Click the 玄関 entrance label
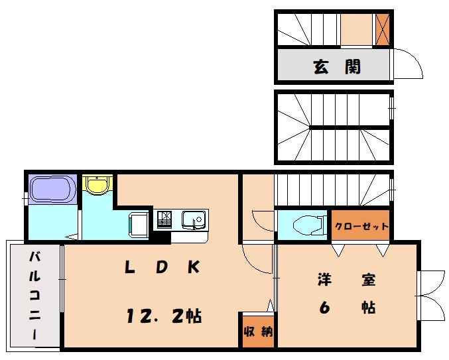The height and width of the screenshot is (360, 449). (337, 66)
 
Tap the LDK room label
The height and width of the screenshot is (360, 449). (162, 267)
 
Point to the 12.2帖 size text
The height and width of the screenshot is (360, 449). (164, 316)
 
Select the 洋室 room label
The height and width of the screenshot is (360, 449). (346, 279)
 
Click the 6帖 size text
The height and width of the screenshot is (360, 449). (347, 308)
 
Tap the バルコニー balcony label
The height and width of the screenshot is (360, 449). (35, 295)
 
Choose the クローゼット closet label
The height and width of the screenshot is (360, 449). (361, 226)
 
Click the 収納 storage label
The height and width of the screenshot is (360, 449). (258, 331)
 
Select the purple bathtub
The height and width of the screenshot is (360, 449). (52, 189)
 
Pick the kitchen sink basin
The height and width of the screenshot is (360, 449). (193, 219)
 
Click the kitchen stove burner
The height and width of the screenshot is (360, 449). (164, 219)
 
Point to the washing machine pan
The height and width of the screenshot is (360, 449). (139, 225)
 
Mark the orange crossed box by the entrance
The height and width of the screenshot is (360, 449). (382, 29)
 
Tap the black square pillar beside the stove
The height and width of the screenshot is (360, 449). (160, 237)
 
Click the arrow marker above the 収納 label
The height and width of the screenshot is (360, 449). (270, 306)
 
